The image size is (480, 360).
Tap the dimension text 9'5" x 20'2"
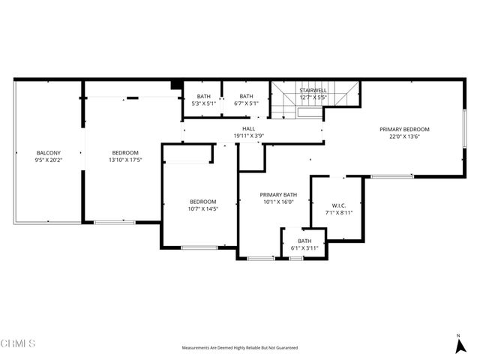pos(49,160)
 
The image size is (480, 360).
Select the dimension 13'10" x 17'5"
pos(125,160)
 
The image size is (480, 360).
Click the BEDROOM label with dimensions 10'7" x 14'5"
pos(202,201)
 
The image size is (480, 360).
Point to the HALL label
pos(248,129)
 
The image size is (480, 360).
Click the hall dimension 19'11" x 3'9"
pos(248,136)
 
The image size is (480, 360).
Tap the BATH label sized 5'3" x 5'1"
pos(204,96)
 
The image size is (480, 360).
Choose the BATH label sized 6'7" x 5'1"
pos(245,96)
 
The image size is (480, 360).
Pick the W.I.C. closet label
pos(338,205)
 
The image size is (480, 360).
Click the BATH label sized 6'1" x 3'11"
pos(304,241)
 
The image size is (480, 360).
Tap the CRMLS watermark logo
pos(18,343)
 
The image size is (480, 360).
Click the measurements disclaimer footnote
pos(240,348)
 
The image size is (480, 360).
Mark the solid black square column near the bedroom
pos(176,85)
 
